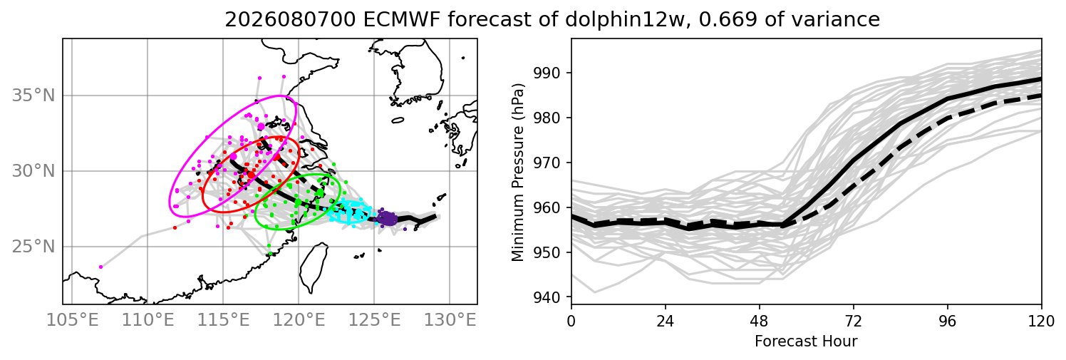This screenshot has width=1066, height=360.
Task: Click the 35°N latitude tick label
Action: pos(33,96)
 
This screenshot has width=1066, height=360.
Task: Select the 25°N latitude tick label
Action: pos(33,247)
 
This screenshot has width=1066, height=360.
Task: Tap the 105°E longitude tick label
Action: pos(73,320)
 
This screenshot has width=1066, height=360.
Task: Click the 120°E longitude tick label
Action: pos(299,320)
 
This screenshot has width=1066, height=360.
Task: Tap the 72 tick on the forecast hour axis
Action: pos(854,322)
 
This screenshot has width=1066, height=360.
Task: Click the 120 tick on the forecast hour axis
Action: pos(1041,322)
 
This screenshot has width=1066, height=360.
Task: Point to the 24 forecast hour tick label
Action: pos(666,322)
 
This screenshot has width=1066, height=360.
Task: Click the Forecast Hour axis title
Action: pos(806,341)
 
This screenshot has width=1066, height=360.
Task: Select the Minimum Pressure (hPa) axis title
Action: pos(518,172)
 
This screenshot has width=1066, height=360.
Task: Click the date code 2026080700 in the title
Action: pos(290,19)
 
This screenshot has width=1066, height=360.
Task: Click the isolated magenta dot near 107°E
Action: pos(101,267)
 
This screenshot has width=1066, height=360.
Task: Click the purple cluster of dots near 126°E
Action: pos(388,218)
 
